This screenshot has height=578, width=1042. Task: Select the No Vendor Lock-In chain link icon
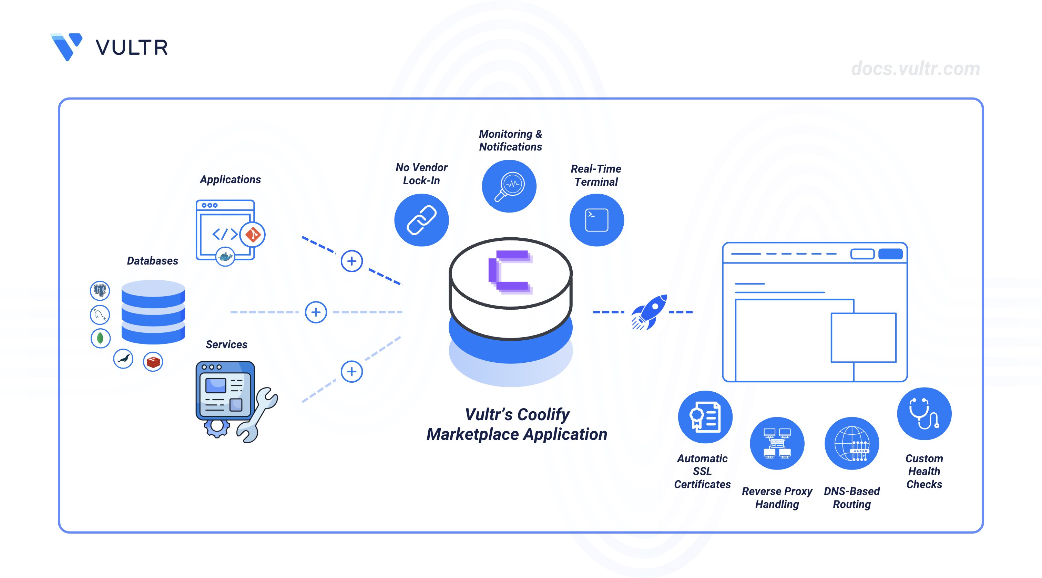tap(421, 220)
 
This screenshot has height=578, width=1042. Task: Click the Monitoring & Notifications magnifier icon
tap(509, 186)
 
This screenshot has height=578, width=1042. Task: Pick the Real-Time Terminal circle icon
tap(597, 220)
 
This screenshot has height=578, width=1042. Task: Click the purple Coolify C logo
tap(510, 271)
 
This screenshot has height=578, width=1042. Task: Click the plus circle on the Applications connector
tap(351, 261)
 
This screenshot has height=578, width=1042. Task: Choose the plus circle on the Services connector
tap(351, 371)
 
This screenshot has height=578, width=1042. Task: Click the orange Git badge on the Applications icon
tap(253, 234)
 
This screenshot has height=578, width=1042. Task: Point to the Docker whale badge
tap(225, 256)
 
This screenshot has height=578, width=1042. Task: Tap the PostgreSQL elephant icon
tap(100, 290)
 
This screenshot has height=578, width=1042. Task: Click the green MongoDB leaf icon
tap(100, 338)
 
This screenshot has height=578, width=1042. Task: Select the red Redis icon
tap(153, 362)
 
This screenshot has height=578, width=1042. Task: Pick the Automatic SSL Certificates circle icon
tap(705, 417)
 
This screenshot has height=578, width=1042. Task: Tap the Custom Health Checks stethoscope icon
tap(924, 413)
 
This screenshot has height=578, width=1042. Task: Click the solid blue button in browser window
tap(890, 254)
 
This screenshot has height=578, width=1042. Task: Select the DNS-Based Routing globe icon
tap(851, 443)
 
